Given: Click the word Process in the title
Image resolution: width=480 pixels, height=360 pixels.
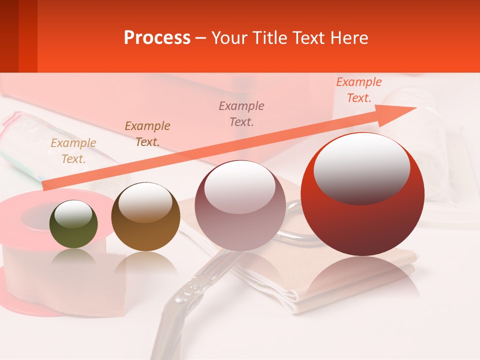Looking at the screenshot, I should click(x=157, y=38).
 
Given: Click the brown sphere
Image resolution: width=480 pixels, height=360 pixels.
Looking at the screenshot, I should click(x=145, y=217).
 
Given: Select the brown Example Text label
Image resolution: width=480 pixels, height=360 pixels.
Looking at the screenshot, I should click(x=147, y=134).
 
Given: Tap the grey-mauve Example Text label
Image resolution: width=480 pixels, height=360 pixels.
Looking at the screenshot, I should click(x=241, y=114).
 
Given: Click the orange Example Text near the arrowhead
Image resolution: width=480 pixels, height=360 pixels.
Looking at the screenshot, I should click(x=359, y=90).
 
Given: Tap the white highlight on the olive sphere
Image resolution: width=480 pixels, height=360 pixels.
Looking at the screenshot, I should click(x=73, y=214).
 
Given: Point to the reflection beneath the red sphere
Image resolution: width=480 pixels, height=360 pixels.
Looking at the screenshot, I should click(x=362, y=275).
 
